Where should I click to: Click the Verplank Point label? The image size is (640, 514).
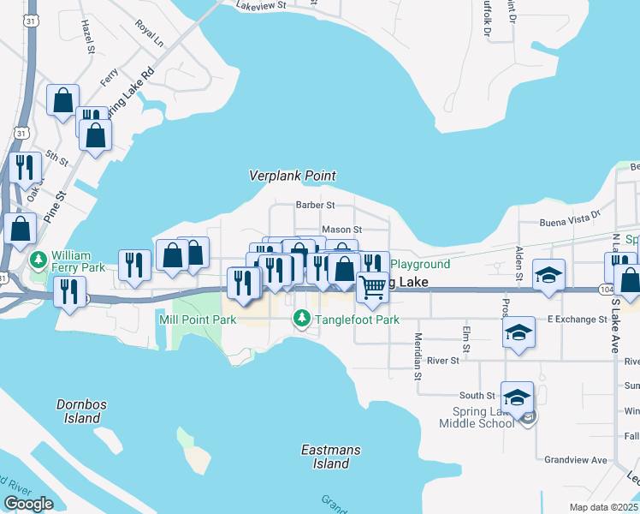coord(292,175)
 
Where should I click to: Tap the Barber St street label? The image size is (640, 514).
coord(314,205)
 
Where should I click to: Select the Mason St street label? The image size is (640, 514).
coord(342,230)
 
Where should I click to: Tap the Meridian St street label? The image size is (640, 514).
coord(418,356)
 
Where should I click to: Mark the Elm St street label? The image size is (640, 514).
coord(466,336)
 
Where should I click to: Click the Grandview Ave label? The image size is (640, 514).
coord(576,460)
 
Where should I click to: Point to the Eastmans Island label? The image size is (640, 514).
coord(331,457)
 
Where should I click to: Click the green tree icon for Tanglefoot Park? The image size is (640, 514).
coord(301,320)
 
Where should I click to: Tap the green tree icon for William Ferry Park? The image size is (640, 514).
coord(39,258)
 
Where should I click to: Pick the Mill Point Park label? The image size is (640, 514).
coord(198,320)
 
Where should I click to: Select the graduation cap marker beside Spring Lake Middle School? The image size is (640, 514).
coord(517,397)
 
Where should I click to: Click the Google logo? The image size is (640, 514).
coord(28,504)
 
